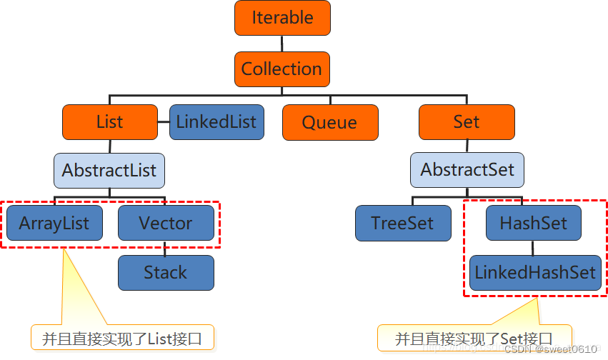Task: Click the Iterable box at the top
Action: click(x=282, y=18)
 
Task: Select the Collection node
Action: click(x=282, y=69)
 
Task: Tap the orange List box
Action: click(x=109, y=122)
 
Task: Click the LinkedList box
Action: click(x=216, y=122)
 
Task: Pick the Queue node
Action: click(x=329, y=122)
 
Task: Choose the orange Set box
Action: click(x=466, y=122)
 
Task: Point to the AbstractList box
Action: click(x=109, y=171)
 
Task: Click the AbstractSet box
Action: click(x=467, y=170)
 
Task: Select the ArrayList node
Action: click(x=54, y=223)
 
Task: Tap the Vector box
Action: click(x=166, y=223)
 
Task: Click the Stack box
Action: click(x=166, y=273)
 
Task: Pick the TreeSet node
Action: click(x=403, y=223)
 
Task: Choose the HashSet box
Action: click(x=533, y=223)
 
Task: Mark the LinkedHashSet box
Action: click(x=535, y=273)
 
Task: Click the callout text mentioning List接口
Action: click(x=123, y=338)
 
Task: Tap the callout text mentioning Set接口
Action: click(x=474, y=338)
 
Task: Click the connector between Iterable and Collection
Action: click(x=282, y=44)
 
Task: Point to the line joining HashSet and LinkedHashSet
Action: click(x=533, y=248)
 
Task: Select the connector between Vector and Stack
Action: click(x=166, y=248)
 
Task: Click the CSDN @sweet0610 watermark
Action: click(x=550, y=349)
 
